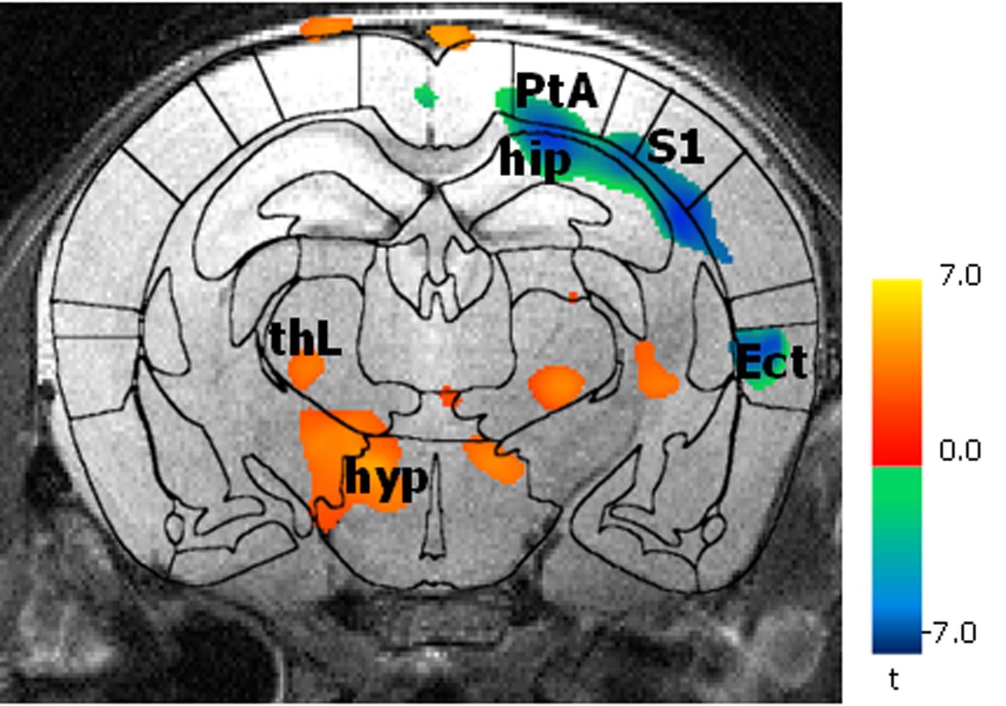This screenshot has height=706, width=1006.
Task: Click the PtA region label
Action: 556,91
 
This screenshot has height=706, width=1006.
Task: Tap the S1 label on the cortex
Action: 675,148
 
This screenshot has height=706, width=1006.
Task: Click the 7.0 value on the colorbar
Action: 960,276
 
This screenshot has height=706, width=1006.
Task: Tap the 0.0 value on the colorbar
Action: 960,451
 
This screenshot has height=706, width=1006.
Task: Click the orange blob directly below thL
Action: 305,370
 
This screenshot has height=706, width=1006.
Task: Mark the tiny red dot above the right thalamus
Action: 573,296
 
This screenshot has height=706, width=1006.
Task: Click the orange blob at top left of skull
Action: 326,27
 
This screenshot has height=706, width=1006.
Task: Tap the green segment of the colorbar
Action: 897,494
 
